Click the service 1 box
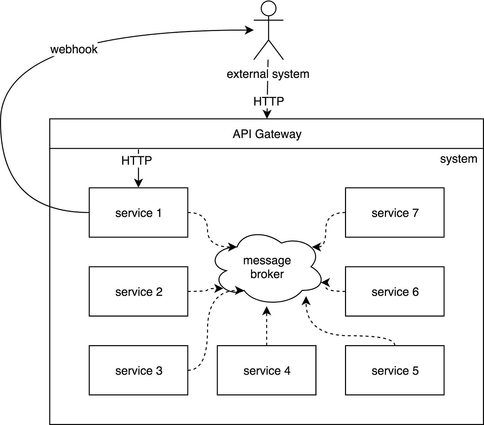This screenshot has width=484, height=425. click(138, 212)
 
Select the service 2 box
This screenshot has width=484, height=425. click(138, 291)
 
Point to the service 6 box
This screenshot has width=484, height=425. click(395, 291)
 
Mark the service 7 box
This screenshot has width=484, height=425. click(395, 212)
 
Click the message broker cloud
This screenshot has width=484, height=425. click(267, 267)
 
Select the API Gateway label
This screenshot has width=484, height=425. click(267, 134)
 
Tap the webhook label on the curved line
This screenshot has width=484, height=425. click(74, 49)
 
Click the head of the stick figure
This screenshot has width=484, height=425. click(268, 8)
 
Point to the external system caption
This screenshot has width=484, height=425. click(268, 74)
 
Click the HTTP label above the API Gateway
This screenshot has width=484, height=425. click(268, 102)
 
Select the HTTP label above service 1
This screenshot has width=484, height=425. click(137, 160)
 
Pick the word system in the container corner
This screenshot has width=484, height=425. click(458, 159)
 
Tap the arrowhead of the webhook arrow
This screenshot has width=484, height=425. click(249, 30)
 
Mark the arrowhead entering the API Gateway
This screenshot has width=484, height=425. click(267, 114)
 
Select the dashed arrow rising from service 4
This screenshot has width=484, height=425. click(267, 326)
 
